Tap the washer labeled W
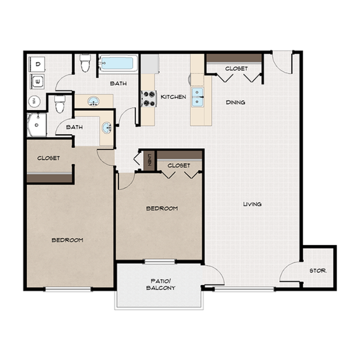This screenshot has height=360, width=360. pyautogui.click(x=37, y=82)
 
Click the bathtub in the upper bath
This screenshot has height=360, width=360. pyautogui.click(x=117, y=64)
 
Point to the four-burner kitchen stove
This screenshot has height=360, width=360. pyautogui.click(x=148, y=98)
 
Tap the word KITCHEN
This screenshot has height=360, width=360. pyautogui.click(x=173, y=97)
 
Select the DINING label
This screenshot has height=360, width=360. pyautogui.click(x=235, y=102)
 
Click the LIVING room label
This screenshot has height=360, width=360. pyautogui.click(x=252, y=204)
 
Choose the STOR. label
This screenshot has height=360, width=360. pyautogui.click(x=318, y=271)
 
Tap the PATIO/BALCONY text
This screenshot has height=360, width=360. pyautogui.click(x=161, y=284)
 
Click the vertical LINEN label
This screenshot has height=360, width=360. pyautogui.click(x=149, y=160)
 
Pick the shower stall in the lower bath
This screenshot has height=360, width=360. pyautogui.click(x=36, y=125)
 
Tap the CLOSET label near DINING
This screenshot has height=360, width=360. pyautogui.click(x=237, y=68)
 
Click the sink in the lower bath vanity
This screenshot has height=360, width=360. pyautogui.click(x=107, y=127)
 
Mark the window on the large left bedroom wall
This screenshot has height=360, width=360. pyautogui.click(x=68, y=289)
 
